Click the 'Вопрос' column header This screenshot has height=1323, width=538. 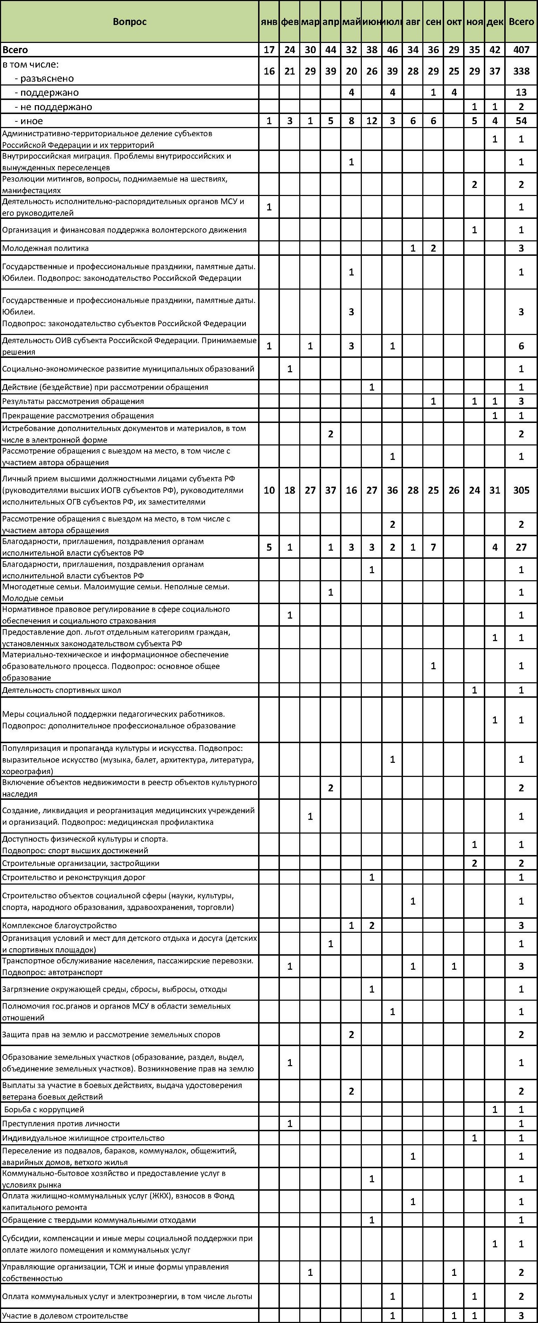[129, 21]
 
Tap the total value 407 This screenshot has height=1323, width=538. [521, 50]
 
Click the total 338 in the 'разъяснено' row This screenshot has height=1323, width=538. [521, 71]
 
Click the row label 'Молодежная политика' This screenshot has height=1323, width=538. [46, 248]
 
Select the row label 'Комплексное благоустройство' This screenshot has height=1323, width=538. [59, 925]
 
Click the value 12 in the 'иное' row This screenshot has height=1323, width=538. [372, 121]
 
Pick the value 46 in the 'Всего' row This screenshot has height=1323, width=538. [392, 50]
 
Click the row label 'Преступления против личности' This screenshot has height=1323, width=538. [60, 1124]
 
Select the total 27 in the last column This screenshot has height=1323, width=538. [521, 547]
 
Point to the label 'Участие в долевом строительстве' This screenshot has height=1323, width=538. [65, 1316]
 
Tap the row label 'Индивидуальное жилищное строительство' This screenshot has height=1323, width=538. [83, 1138]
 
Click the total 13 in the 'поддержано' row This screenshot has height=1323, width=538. [521, 93]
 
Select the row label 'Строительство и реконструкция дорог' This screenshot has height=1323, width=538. [74, 877]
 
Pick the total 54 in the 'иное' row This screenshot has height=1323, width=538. [521, 121]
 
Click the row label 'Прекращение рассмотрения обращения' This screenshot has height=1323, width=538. [78, 416]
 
